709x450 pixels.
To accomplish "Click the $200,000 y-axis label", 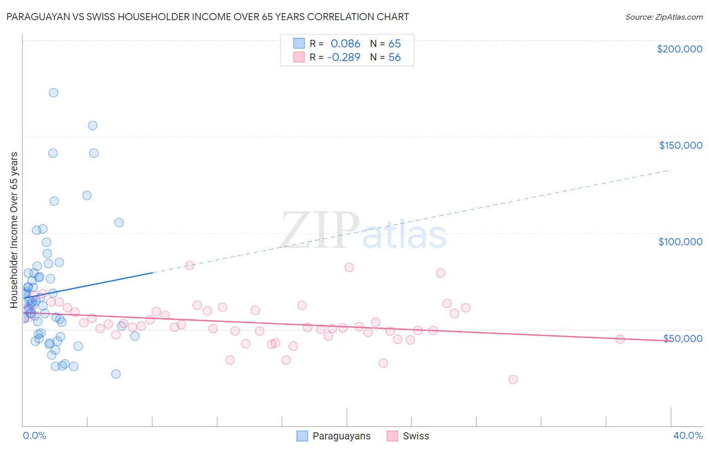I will (x=679, y=49).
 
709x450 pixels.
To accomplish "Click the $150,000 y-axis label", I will (x=680, y=145).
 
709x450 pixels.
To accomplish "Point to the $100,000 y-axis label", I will (x=680, y=242).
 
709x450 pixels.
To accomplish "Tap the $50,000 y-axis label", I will (x=682, y=338).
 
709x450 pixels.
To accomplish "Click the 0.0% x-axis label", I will (x=34, y=435).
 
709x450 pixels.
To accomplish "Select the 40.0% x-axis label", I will (x=687, y=435).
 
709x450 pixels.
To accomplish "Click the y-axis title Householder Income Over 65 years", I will (x=14, y=230).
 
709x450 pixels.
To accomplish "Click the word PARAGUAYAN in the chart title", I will (x=36, y=17).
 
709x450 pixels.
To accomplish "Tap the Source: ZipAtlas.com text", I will (x=664, y=17).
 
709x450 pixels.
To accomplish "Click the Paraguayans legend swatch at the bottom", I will (x=302, y=436).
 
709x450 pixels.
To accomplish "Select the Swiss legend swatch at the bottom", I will (x=392, y=436).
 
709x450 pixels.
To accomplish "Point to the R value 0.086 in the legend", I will (x=345, y=43).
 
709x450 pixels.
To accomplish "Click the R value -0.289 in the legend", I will (x=344, y=57).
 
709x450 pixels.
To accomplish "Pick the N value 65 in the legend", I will (x=394, y=43).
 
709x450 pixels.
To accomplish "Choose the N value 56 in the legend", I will (x=394, y=57).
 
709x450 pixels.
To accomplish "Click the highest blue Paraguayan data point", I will (x=53, y=93).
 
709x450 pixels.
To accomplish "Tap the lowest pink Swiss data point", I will (x=513, y=379).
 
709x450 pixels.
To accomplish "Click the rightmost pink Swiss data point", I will (x=620, y=339).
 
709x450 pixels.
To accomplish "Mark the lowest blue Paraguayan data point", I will (x=116, y=374).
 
